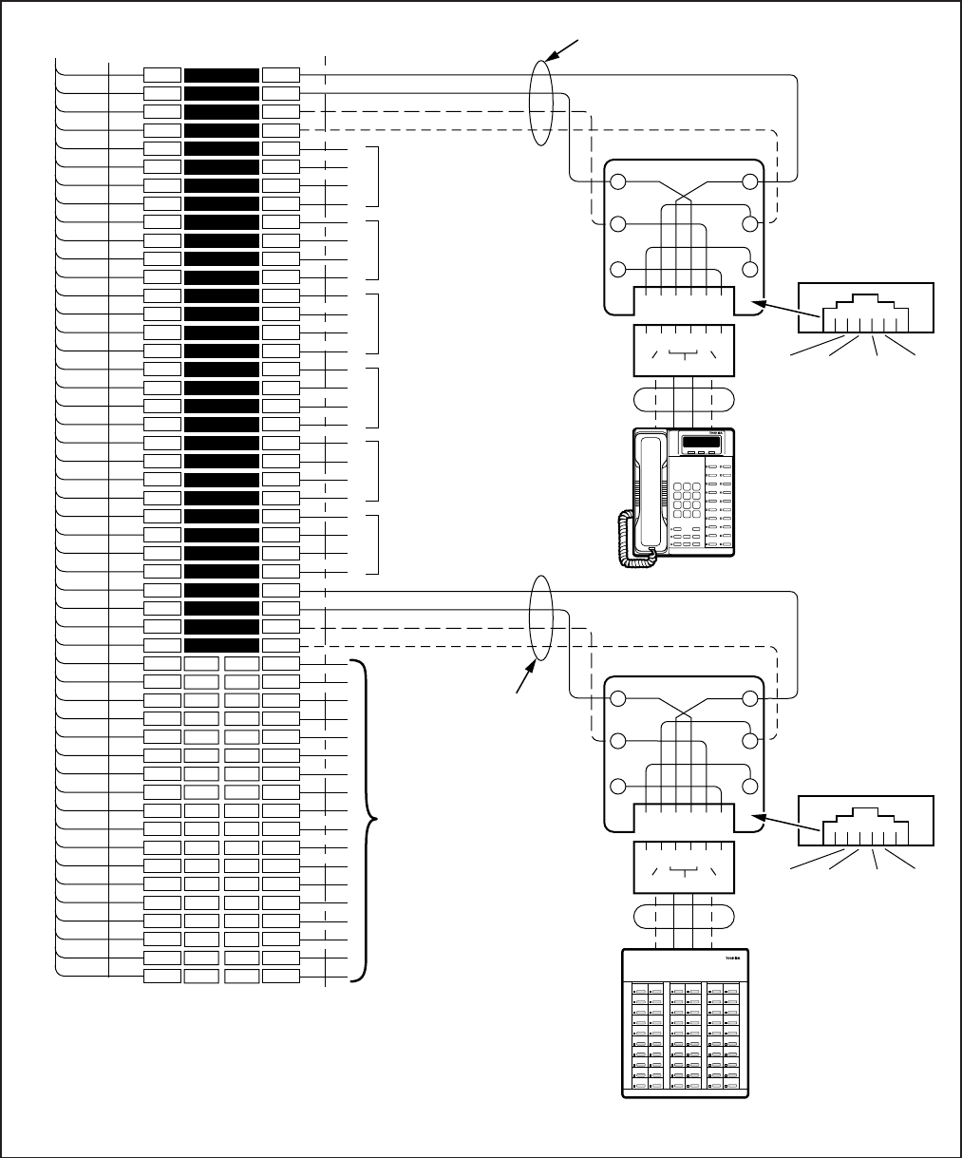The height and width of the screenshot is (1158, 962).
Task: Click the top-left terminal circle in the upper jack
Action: coord(618,182)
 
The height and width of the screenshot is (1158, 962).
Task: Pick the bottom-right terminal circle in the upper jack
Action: coord(751,269)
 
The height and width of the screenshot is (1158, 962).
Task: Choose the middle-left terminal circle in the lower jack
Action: coord(618,741)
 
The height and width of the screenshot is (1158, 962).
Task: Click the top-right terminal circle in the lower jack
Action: coord(751,699)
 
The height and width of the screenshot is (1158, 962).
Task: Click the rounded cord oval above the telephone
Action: coord(683,396)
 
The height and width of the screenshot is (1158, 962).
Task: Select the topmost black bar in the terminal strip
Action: coord(221,75)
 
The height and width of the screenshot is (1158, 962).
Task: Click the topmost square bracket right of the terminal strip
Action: coord(378,176)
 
